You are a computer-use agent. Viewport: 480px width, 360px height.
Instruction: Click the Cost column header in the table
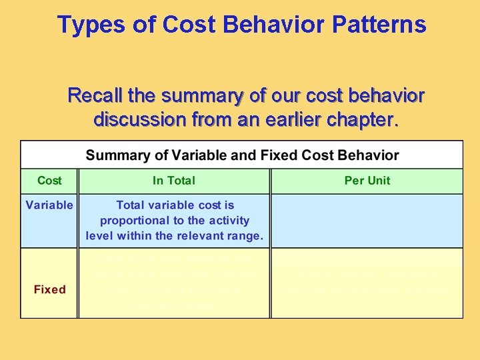49,181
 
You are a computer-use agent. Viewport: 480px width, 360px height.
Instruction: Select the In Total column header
174,181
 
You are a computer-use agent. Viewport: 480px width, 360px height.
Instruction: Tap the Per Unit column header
367,181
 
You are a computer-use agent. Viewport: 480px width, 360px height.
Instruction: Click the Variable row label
49,205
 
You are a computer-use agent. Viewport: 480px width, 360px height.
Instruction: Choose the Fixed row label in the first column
49,289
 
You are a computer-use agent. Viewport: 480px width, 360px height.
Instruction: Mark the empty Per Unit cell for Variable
367,221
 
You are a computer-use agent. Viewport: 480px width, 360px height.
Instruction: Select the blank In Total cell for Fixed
174,283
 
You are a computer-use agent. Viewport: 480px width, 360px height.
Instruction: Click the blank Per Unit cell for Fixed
367,283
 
